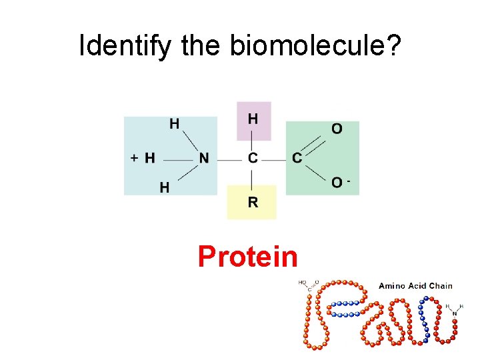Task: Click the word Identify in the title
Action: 121,46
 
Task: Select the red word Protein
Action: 247,256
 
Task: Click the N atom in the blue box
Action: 204,159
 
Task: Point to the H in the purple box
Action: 253,119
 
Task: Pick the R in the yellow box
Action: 253,202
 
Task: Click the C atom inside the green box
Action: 297,159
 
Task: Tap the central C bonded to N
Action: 253,159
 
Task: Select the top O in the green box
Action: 337,128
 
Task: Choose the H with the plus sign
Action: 150,159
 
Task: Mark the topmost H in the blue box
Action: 174,123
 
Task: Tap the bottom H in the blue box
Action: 164,188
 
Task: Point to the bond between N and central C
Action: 228,159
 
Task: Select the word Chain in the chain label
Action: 441,286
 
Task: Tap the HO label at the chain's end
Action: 303,282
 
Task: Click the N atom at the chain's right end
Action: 455,313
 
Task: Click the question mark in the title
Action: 393,46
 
